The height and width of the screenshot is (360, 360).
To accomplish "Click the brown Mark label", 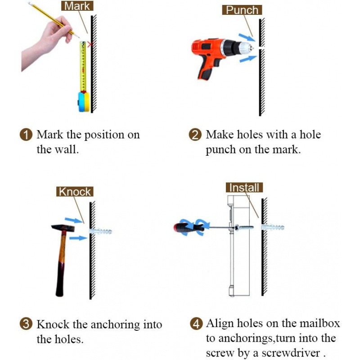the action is (77, 6).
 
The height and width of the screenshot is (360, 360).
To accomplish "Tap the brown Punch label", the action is (242, 10).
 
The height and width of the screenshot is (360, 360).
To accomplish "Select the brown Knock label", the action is (75, 192).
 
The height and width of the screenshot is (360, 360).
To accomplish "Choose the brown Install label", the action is (244, 188).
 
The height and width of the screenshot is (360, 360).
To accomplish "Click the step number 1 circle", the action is (26, 135).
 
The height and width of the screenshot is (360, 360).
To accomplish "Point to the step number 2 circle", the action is (195, 135).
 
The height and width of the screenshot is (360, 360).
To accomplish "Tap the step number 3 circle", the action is (26, 324).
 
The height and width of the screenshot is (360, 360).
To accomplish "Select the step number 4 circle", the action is (196, 324).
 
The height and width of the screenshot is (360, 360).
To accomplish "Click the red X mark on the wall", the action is (90, 44).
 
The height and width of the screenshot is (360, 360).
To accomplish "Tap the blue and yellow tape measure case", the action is (84, 101).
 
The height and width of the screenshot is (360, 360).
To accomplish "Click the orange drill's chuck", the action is (247, 48).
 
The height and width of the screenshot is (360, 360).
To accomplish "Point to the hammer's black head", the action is (63, 228).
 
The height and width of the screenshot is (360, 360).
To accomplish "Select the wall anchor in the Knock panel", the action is (100, 231).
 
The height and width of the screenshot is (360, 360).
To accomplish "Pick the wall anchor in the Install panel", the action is (273, 227).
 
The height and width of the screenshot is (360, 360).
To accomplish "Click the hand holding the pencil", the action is (47, 42).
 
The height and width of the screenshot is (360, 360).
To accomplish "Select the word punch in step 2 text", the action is (220, 150).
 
